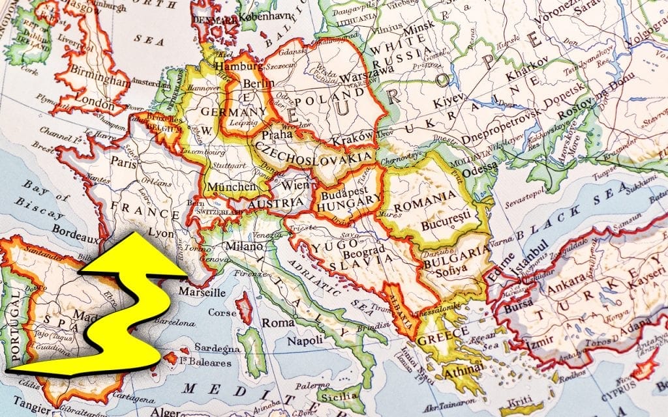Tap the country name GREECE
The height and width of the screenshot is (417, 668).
[443, 334]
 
